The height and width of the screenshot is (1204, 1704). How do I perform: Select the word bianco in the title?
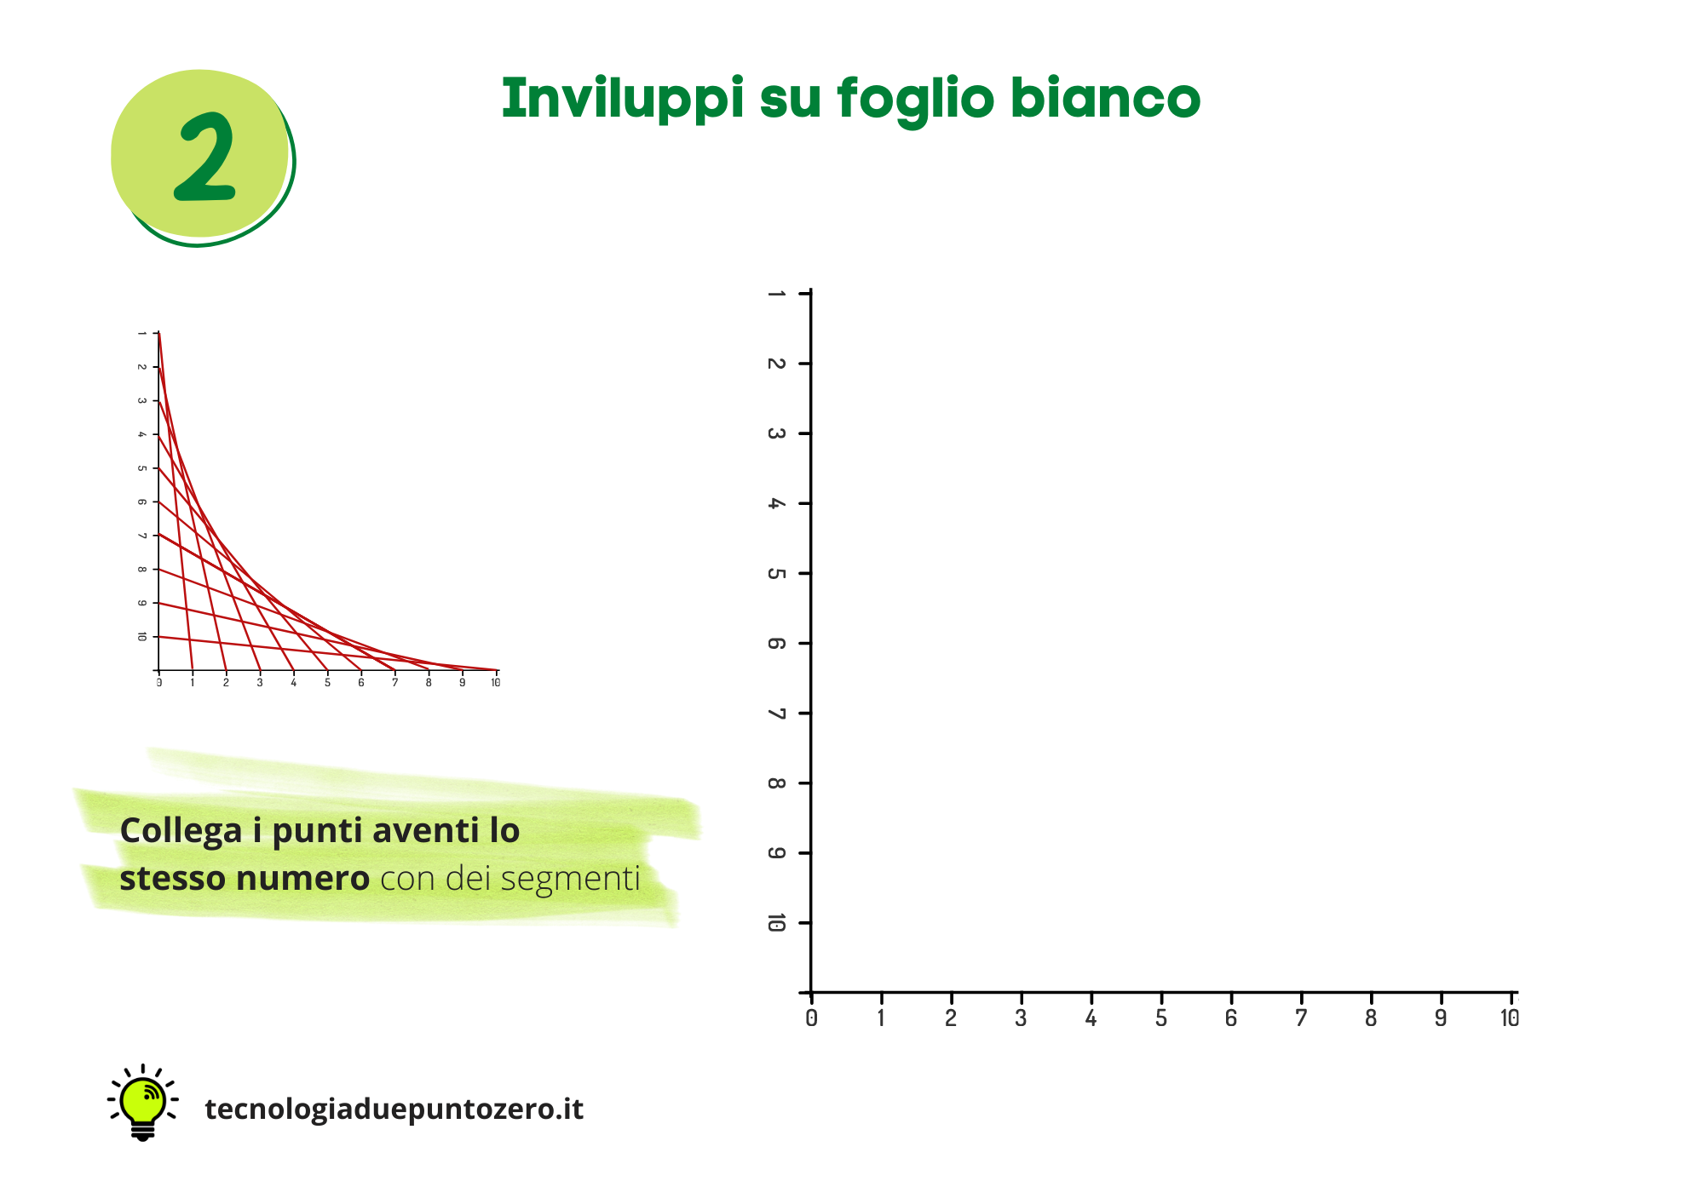pyautogui.click(x=1105, y=97)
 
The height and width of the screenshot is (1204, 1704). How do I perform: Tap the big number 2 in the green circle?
pyautogui.click(x=205, y=158)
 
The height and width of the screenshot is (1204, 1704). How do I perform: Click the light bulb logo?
pyautogui.click(x=143, y=1103)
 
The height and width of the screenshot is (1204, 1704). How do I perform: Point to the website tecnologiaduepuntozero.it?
pyautogui.click(x=394, y=1109)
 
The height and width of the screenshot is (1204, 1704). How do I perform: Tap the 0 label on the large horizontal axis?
pyautogui.click(x=811, y=1018)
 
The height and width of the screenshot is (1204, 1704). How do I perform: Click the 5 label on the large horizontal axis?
pyautogui.click(x=1160, y=1018)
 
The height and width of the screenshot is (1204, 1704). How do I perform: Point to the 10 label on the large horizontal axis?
pyautogui.click(x=1510, y=1018)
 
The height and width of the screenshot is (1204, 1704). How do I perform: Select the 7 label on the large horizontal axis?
pyautogui.click(x=1300, y=1018)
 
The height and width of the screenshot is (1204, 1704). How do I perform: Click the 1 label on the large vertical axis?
pyautogui.click(x=776, y=294)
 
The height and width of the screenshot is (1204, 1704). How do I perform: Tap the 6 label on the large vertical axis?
pyautogui.click(x=776, y=643)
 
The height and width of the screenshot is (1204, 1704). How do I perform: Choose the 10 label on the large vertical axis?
pyautogui.click(x=776, y=922)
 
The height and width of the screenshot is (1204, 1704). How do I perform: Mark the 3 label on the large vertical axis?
pyautogui.click(x=776, y=433)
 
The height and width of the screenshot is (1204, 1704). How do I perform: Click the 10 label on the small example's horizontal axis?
pyautogui.click(x=495, y=683)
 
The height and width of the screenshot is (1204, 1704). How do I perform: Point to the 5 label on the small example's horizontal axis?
pyautogui.click(x=327, y=683)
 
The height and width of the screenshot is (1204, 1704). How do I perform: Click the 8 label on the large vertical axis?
pyautogui.click(x=776, y=783)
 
